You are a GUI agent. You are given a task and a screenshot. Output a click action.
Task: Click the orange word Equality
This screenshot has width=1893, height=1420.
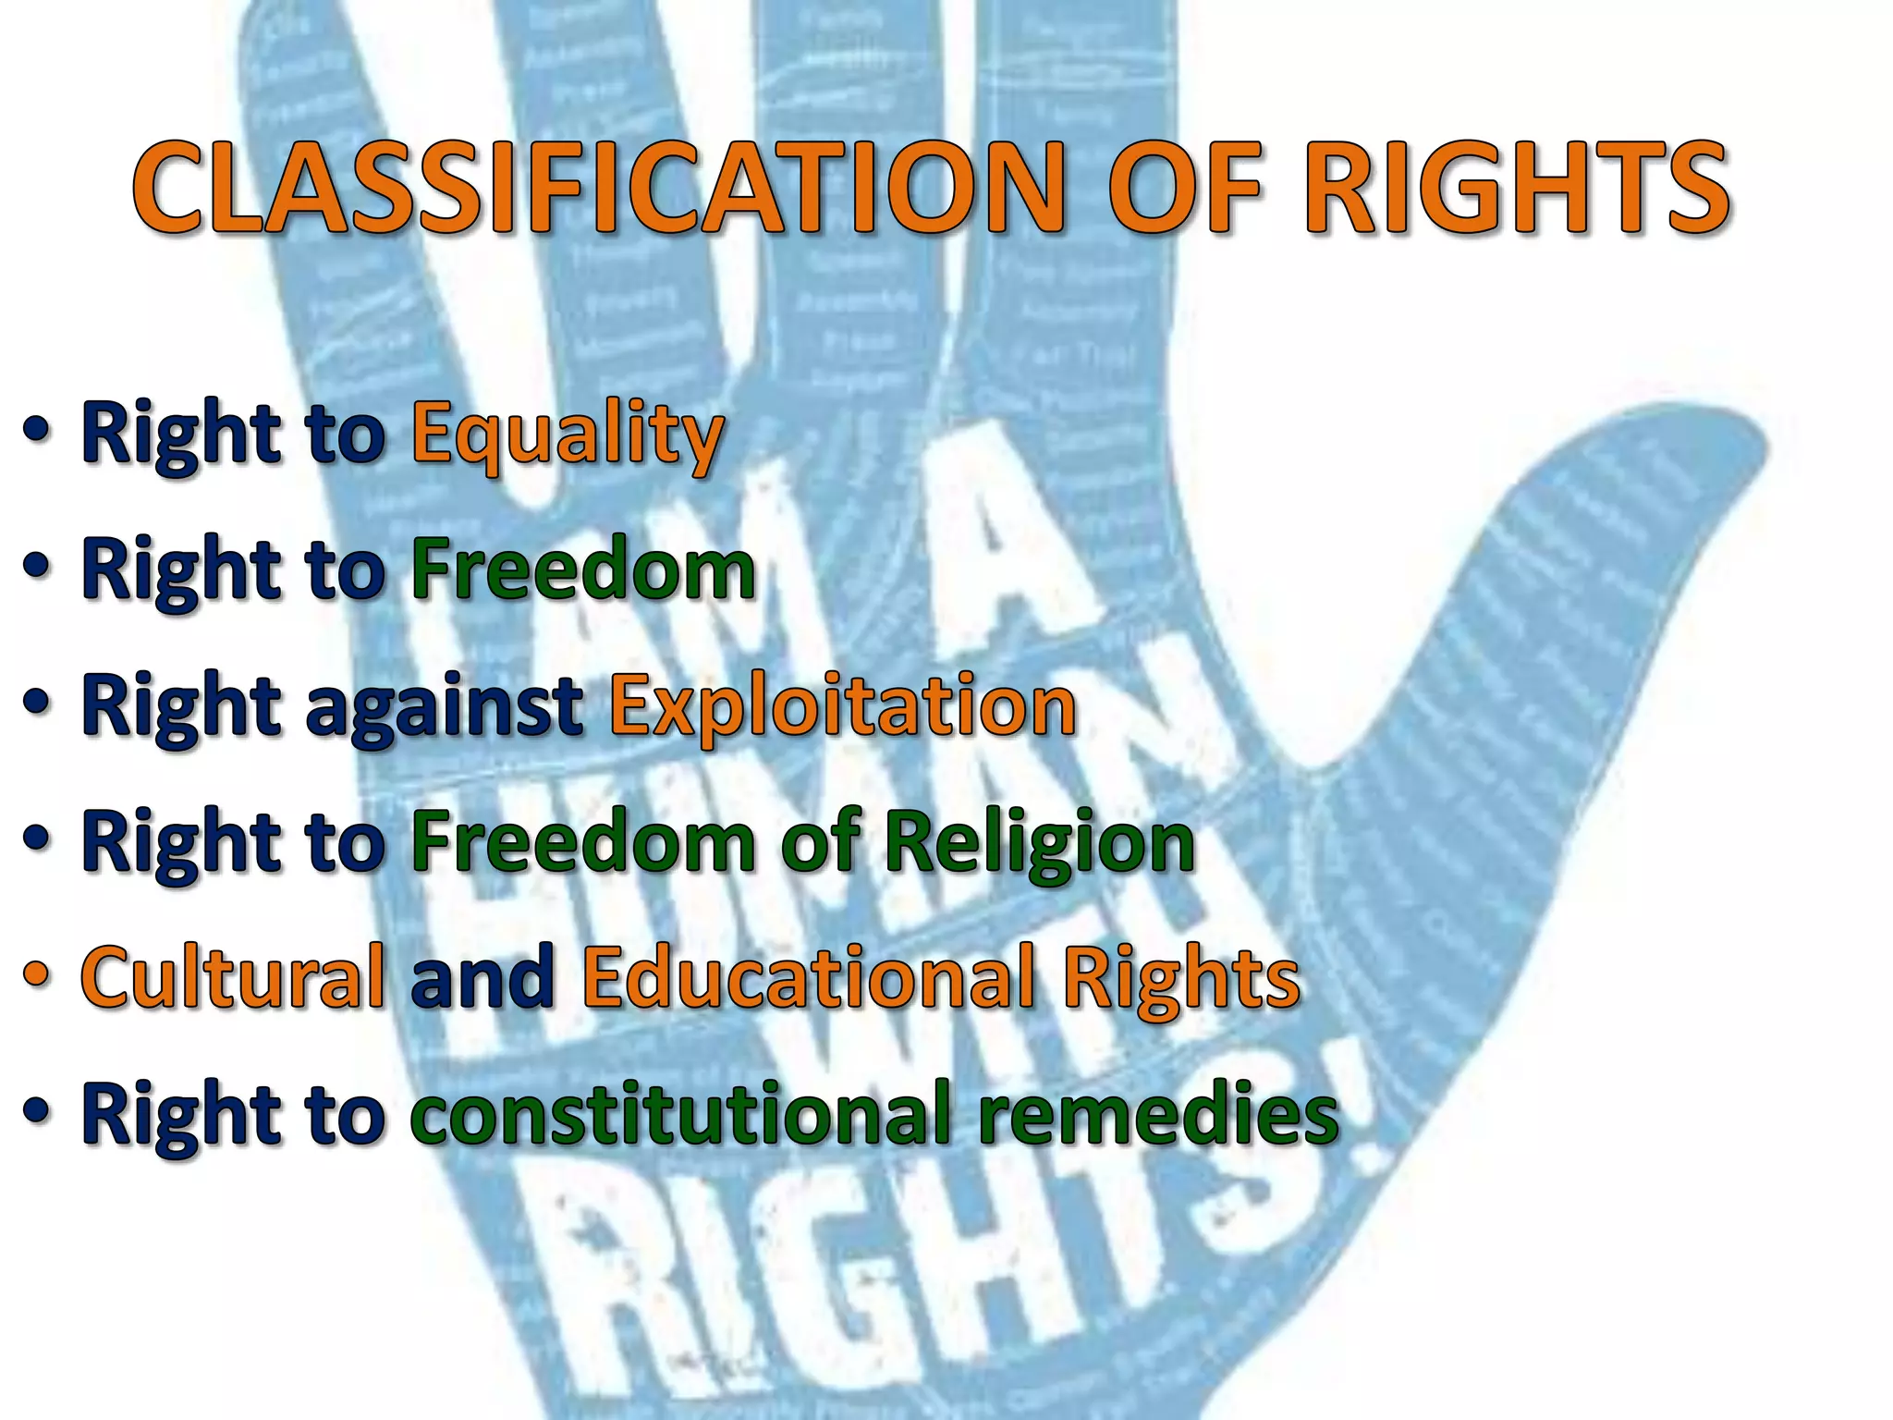pos(567,435)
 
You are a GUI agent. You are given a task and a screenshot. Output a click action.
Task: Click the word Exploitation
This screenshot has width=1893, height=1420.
pos(842,706)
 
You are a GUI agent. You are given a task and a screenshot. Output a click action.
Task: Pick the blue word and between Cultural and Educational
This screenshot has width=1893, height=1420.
pos(482,977)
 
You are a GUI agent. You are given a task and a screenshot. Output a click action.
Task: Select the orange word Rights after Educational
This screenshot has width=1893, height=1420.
pos(1180,979)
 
